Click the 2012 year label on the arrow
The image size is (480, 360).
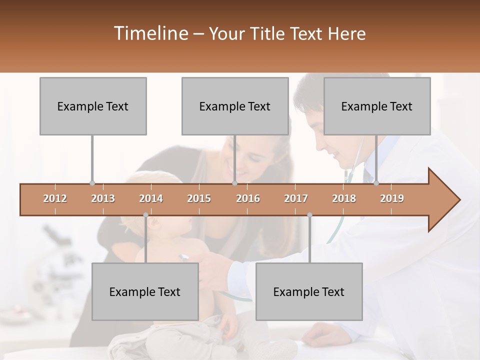click(55, 198)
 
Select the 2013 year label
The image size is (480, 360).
click(103, 198)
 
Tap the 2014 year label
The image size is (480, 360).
click(151, 198)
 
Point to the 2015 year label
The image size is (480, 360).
click(199, 198)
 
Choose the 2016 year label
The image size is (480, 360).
click(248, 198)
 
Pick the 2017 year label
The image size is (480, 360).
click(296, 198)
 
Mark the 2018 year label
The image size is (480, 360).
click(344, 198)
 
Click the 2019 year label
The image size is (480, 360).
click(392, 198)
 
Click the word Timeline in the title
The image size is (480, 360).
click(150, 33)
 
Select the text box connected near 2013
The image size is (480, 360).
click(93, 106)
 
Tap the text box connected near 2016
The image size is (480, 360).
click(235, 106)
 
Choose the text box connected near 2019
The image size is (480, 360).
click(377, 106)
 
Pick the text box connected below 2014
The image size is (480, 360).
click(145, 291)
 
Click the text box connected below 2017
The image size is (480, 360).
click(309, 291)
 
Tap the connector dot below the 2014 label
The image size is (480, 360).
click(145, 215)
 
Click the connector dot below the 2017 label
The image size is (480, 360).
click(309, 215)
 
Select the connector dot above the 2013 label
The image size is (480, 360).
click(92, 183)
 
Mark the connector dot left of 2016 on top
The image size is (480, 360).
click(234, 183)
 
